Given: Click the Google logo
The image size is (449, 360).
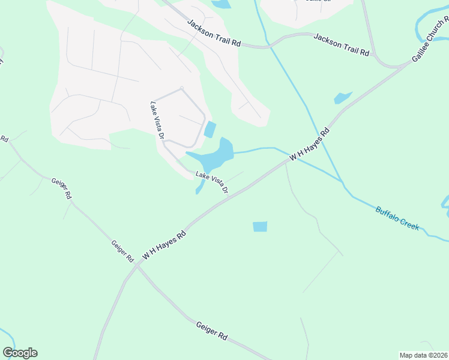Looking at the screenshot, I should [x=20, y=353].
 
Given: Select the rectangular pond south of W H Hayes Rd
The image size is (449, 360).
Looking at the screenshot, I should [x=260, y=227].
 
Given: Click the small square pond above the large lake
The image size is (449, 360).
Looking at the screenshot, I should [x=210, y=129].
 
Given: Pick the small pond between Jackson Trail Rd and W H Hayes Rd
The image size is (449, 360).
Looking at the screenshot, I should [x=342, y=97].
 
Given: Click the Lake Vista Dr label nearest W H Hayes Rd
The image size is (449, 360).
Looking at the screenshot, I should [x=212, y=182].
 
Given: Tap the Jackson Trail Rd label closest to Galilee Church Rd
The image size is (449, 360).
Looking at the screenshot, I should [x=341, y=44].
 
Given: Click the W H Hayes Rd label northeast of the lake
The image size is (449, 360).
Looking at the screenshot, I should [x=310, y=144].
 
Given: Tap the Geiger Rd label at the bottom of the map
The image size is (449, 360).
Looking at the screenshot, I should [x=212, y=331].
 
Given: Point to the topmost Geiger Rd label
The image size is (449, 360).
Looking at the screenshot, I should [x=61, y=188].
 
